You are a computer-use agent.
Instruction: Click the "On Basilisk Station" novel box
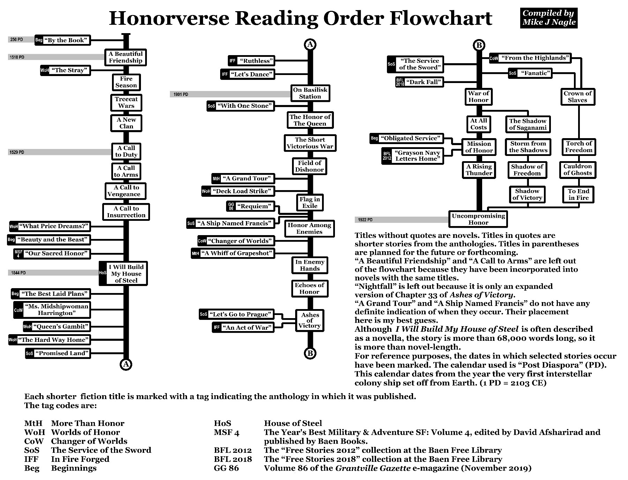point(310,93)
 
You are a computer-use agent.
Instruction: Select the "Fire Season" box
point(126,82)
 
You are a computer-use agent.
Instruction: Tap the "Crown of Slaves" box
point(577,97)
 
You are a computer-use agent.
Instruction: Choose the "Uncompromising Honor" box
point(478,219)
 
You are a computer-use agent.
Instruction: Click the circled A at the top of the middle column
point(310,45)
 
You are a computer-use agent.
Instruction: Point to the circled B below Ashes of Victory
point(310,353)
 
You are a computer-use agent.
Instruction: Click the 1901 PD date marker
point(181,95)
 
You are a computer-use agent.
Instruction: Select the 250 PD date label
point(17,40)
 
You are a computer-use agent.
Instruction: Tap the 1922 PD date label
point(365,220)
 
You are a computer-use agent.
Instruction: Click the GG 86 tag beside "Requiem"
point(231,206)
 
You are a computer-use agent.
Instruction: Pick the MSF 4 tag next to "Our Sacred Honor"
point(18,254)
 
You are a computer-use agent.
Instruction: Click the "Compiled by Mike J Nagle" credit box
point(548,18)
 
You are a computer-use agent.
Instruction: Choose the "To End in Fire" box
point(578,195)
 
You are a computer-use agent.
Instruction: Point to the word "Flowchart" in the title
point(441,18)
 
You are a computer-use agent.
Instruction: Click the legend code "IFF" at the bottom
point(31,459)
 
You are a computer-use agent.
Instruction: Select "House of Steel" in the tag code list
point(293,423)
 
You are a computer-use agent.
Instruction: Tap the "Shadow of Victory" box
point(527,195)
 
